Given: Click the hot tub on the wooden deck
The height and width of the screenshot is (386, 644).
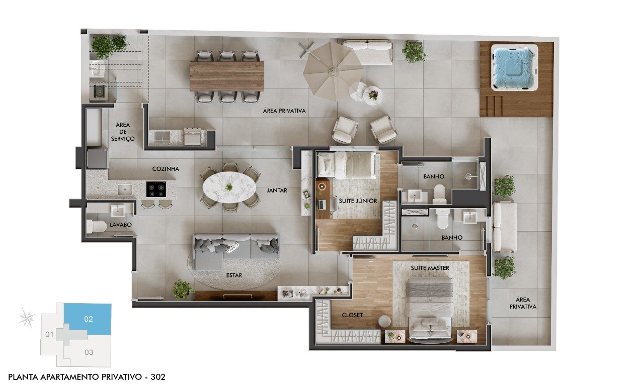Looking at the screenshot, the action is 514,67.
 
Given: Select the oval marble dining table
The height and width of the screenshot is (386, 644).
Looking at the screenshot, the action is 229,187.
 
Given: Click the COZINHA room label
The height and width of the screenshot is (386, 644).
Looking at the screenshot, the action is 166,169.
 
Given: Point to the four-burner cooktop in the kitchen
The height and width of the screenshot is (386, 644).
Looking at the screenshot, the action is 156,189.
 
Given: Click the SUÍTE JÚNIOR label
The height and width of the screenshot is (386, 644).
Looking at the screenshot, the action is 358,201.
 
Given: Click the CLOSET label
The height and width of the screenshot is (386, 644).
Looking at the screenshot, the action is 352,315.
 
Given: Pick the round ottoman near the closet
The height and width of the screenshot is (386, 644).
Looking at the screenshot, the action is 384,322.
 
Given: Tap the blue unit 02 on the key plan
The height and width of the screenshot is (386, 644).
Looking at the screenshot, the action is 88,319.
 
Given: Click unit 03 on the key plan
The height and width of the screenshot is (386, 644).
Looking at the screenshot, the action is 89,352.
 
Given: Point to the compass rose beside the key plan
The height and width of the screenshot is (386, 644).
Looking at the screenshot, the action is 27,318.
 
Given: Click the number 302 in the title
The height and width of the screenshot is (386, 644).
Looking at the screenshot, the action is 158,376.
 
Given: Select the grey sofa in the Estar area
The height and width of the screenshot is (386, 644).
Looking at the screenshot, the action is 236,250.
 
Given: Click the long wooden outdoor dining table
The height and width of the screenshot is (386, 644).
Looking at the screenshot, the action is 227,76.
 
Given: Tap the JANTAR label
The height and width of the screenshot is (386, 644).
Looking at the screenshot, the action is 277,190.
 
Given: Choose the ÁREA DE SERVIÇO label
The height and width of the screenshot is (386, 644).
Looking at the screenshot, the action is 123,132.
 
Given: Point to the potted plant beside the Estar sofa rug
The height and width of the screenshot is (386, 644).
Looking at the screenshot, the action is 182,289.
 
